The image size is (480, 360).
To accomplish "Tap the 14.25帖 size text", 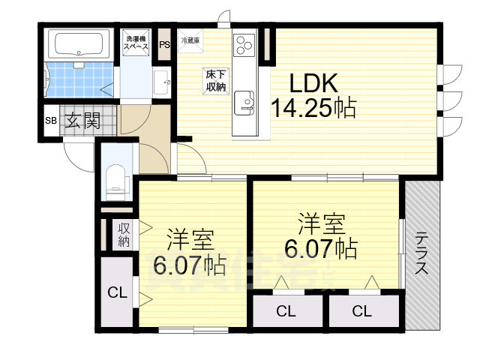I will (x=313, y=109).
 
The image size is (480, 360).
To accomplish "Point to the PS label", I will (x=164, y=44).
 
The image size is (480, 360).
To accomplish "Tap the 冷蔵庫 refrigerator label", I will (x=190, y=40).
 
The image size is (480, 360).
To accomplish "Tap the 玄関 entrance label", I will (x=82, y=121).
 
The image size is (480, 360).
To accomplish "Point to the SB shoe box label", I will (x=51, y=121).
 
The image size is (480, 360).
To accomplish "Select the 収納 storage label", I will (x=123, y=235).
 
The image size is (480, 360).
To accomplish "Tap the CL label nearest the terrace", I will (x=361, y=311).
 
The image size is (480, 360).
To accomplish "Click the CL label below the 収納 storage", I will (x=115, y=292).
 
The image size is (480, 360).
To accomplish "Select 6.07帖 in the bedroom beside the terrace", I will (x=321, y=247).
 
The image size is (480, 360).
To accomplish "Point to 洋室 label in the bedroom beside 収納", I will (x=190, y=239).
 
